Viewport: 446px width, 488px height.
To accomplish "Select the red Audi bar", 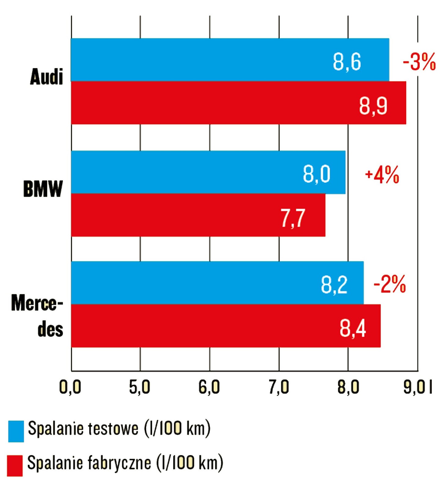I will (238, 103).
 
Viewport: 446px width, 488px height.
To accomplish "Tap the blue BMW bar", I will (208, 172).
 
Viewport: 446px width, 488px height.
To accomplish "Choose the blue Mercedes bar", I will (217, 283).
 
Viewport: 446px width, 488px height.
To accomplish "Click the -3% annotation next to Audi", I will (419, 62).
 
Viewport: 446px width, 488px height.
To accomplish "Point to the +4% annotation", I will (382, 175).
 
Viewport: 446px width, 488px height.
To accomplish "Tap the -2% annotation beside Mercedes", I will (389, 284).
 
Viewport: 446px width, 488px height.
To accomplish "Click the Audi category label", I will (46, 77).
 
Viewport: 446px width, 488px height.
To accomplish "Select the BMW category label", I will (43, 189).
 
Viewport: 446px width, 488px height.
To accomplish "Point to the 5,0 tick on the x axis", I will (140, 387).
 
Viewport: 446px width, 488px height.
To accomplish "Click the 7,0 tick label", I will (279, 387).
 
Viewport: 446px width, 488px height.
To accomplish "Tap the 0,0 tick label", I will (70, 387).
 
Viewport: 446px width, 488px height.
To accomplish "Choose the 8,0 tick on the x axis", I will (348, 387).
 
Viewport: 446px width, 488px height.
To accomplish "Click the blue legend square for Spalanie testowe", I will (16, 431).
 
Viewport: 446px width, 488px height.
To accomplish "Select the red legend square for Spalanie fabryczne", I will (15, 465).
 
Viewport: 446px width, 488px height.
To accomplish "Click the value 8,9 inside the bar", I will (373, 106).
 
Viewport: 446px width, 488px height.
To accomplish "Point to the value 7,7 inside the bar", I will (293, 218).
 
